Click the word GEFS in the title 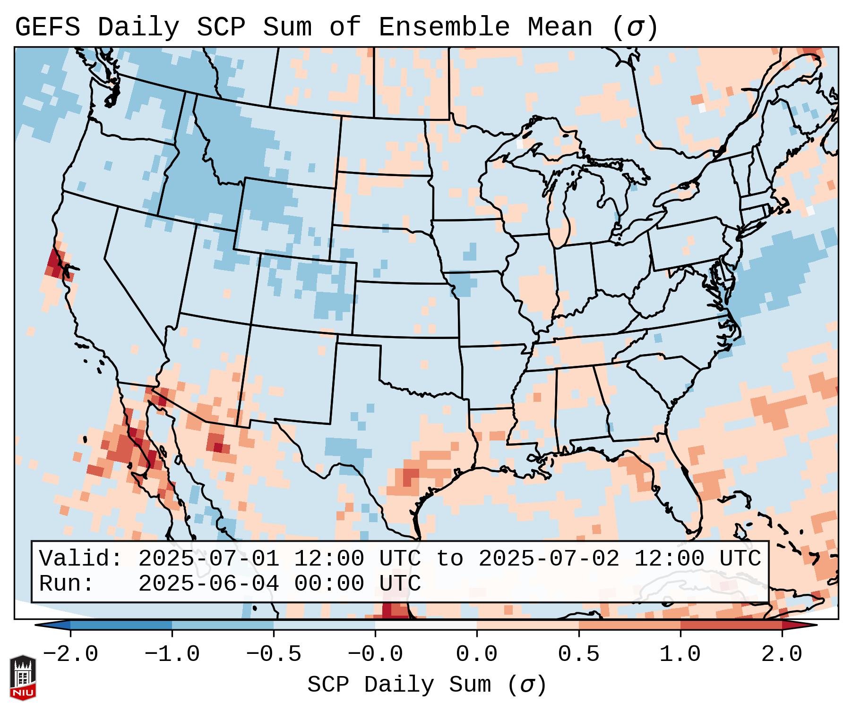tap(47, 27)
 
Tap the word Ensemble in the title tap(444, 27)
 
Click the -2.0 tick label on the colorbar tap(70, 654)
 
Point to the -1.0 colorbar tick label tap(172, 654)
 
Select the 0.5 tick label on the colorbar tap(579, 654)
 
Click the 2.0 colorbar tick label tap(782, 654)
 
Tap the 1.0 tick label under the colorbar tap(680, 654)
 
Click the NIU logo tap(23, 677)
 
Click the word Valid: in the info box tap(80, 559)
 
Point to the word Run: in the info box tap(66, 584)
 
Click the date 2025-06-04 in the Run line tap(208, 584)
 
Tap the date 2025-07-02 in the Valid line tap(549, 559)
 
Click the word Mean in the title tap(560, 27)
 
